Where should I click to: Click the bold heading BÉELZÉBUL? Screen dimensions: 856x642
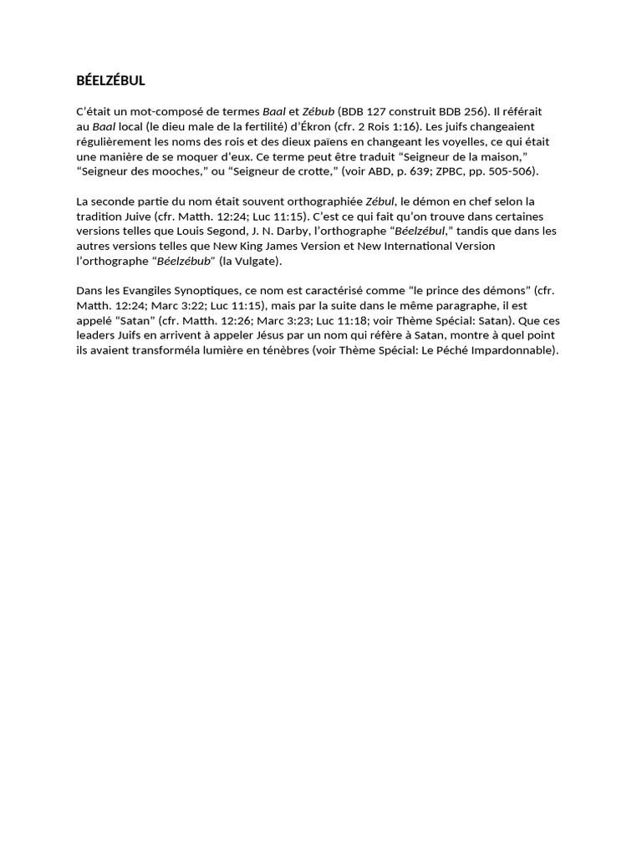111,81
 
